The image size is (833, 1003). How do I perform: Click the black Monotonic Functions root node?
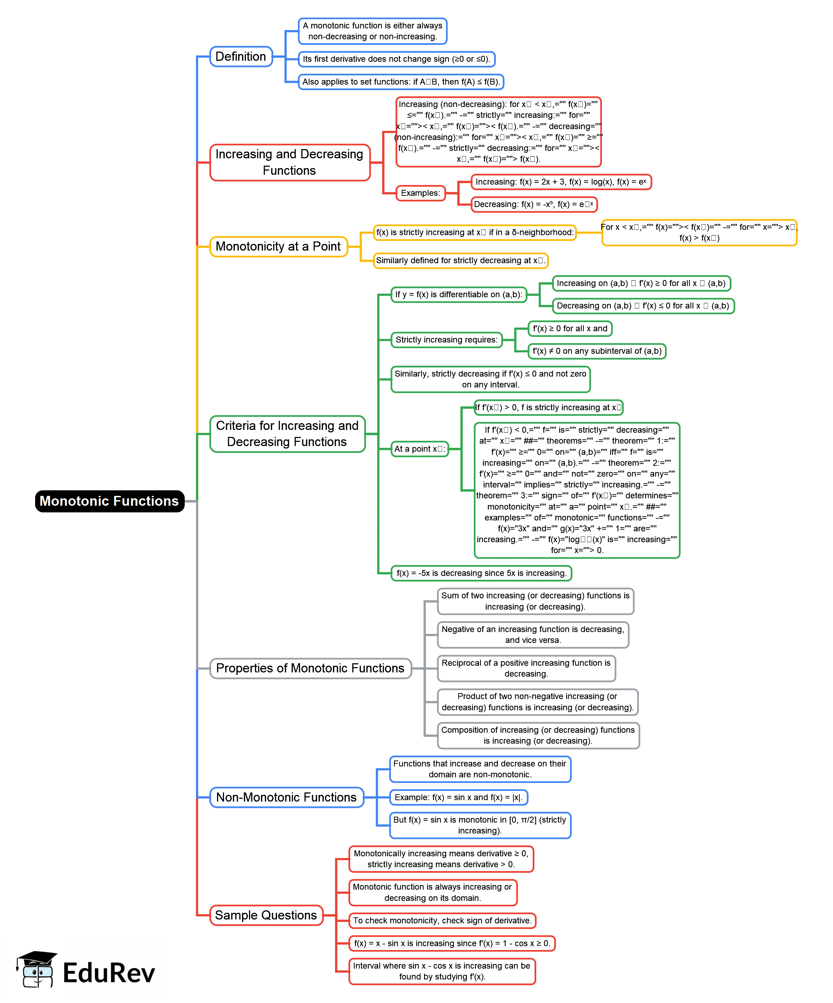(110, 501)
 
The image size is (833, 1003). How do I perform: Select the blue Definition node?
(241, 57)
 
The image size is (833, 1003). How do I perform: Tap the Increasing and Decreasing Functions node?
(290, 162)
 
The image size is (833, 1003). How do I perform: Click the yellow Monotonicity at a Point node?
(278, 246)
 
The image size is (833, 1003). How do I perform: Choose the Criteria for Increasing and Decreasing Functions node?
(287, 434)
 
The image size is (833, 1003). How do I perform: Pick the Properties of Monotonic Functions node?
(310, 668)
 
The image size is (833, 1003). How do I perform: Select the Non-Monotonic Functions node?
(286, 797)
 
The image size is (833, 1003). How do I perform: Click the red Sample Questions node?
(266, 915)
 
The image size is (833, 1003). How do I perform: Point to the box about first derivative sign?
(396, 59)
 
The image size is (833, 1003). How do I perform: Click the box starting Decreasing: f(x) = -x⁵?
(533, 204)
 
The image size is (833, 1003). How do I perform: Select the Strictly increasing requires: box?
(446, 340)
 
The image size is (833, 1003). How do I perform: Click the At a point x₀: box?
(419, 449)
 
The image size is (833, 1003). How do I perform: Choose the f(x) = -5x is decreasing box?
(481, 573)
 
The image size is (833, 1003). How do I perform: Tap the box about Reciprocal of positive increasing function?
(526, 668)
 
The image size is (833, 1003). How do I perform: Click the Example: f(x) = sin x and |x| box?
(458, 797)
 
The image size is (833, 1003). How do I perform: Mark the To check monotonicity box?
(442, 921)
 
